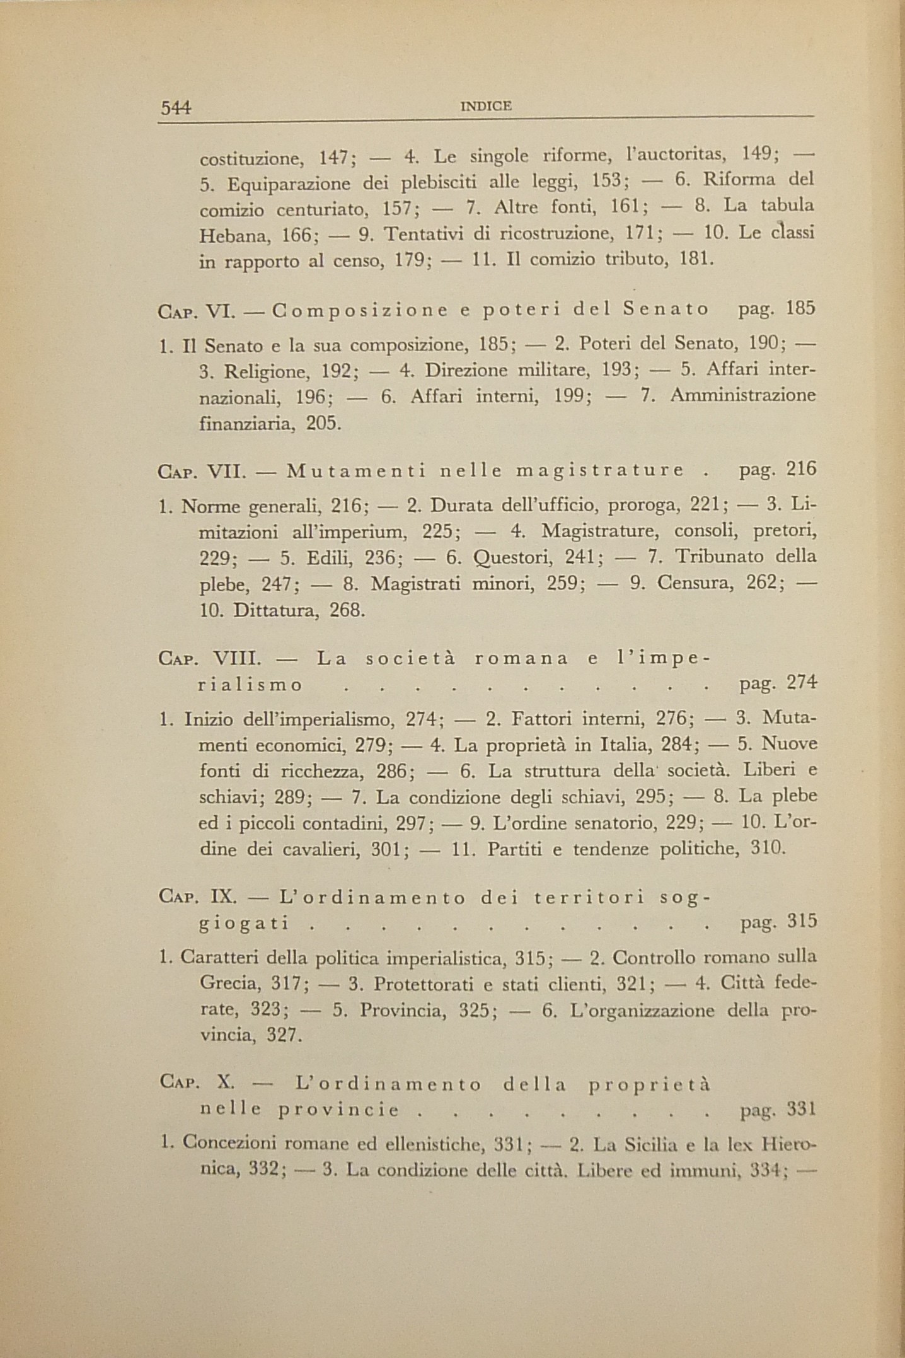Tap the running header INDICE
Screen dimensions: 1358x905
tap(486, 107)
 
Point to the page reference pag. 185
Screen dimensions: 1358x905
tap(777, 309)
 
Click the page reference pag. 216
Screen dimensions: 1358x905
tap(777, 470)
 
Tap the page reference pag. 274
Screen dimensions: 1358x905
tap(777, 684)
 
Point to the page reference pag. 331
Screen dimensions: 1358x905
tap(778, 1110)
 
